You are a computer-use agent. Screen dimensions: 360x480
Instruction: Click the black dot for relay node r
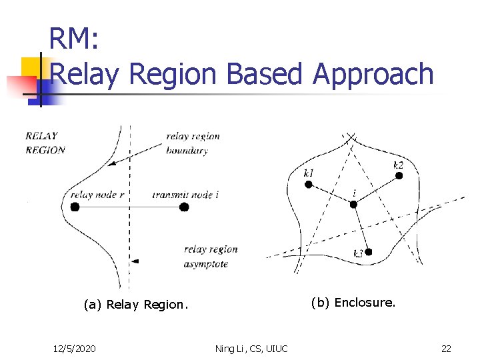click(x=75, y=207)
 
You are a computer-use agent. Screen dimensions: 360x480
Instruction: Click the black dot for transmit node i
click(x=184, y=207)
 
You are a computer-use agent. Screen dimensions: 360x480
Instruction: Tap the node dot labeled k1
click(x=309, y=184)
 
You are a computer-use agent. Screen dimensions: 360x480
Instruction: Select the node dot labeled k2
click(x=399, y=175)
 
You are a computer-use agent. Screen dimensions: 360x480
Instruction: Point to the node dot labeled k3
click(x=368, y=252)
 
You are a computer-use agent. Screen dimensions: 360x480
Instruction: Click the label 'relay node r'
click(x=97, y=195)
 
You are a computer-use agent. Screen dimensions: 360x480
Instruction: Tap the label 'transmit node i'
click(x=185, y=195)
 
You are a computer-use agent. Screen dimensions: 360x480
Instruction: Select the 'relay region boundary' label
click(x=193, y=143)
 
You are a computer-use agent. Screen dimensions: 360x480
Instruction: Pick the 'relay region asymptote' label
click(x=211, y=257)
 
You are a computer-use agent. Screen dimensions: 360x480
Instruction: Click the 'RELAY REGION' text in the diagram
click(x=45, y=143)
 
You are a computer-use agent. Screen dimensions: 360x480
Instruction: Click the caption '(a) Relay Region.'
click(x=136, y=305)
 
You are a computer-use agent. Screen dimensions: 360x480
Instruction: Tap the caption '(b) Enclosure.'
click(x=353, y=303)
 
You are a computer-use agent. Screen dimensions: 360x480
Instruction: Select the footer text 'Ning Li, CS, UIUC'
click(x=251, y=348)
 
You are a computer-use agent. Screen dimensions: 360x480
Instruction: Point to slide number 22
click(x=446, y=348)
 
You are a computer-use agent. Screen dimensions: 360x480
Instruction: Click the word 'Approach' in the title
click(x=373, y=74)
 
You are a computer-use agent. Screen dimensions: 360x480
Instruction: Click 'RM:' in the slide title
click(x=74, y=40)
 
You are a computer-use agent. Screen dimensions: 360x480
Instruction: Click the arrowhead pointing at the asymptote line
click(x=135, y=261)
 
